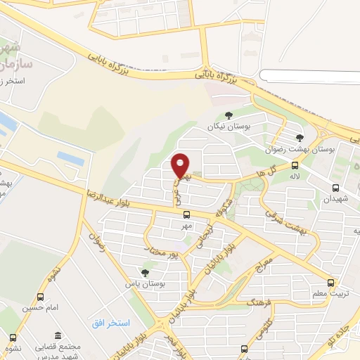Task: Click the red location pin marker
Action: pos(181,165)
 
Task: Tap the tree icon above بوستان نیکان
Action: pos(228,115)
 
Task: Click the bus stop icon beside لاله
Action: pos(293,166)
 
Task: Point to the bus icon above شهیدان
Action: pos(335,188)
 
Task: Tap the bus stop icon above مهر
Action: pos(186,215)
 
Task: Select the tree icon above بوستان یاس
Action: pos(145,272)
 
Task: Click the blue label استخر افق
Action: pos(110,323)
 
